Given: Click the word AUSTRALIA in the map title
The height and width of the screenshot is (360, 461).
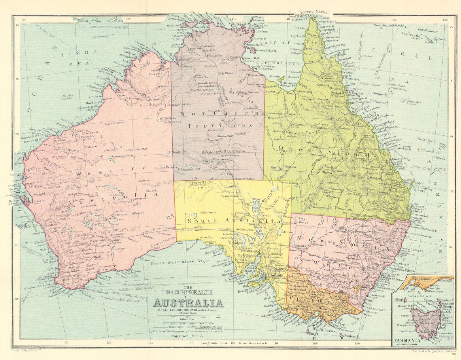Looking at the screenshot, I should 188,303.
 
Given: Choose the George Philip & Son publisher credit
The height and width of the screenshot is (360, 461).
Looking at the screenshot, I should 21,351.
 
